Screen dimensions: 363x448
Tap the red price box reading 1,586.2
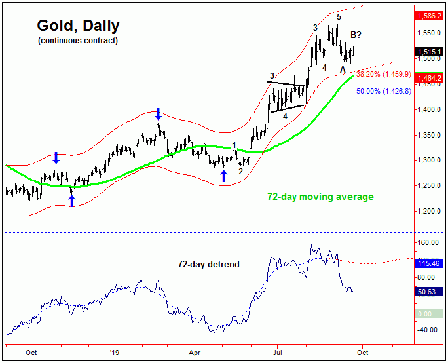430,13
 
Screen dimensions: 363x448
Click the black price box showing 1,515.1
430,51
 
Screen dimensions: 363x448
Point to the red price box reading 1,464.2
430,77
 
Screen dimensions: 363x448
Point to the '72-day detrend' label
208,264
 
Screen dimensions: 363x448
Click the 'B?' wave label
357,35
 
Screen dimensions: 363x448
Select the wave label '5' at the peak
339,17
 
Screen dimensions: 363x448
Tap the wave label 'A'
343,69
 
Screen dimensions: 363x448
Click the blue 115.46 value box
430,262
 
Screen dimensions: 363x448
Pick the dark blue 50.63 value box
430,292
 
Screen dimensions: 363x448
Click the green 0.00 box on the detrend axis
430,314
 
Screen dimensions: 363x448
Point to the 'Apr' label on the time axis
195,352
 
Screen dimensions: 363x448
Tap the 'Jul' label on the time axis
276,352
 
